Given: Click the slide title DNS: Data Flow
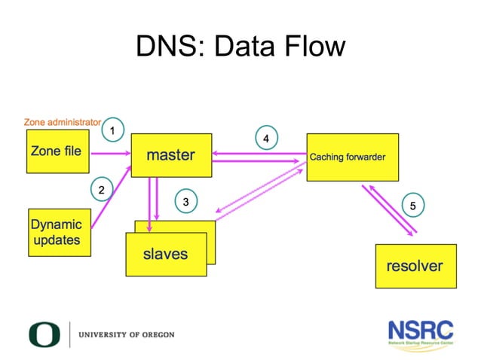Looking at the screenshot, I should coord(240,47).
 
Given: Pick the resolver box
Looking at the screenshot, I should coord(415,266).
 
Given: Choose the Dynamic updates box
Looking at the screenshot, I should coord(57,232).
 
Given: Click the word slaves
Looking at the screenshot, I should coord(165,254).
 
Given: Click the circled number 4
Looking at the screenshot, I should coord(265,139).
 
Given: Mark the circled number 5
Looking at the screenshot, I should coord(412,205).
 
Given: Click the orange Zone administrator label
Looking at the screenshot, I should coord(62,121).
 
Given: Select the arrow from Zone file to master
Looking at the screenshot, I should coord(110,154).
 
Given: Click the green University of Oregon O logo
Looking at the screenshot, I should coord(44,334).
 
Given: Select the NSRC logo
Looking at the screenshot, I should coord(421,332).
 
